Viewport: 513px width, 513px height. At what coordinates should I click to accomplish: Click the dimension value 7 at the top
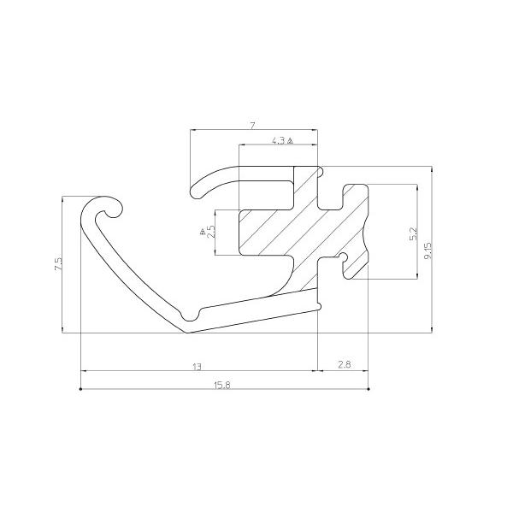252,126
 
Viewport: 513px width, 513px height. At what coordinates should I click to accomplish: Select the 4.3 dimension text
278,141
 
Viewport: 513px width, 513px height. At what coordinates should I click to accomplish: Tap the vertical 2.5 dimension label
212,232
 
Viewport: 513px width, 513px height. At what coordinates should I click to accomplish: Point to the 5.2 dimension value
414,234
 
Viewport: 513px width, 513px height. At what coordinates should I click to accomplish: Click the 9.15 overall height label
427,251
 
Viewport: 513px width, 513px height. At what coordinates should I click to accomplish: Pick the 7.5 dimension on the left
58,264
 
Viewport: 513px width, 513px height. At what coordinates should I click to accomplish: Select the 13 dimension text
197,367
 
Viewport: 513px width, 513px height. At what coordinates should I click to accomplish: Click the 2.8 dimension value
345,365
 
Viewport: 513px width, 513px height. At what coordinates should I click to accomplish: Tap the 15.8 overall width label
222,386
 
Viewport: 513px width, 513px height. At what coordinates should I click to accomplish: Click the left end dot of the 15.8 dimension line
80,389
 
